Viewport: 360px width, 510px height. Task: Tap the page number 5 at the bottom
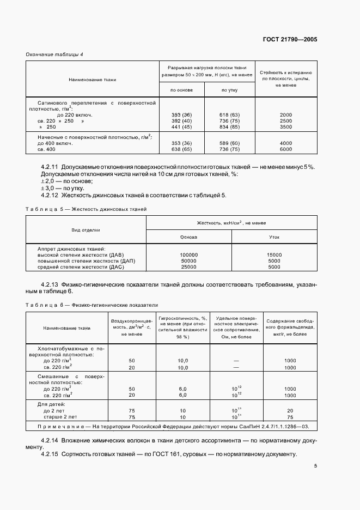tap(315, 466)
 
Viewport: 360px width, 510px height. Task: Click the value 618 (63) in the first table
tap(229, 115)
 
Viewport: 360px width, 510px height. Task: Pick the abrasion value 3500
tap(286, 126)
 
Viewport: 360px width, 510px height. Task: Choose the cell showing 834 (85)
tap(229, 126)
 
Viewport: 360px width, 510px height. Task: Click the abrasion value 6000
tap(286, 149)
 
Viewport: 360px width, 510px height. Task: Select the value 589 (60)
tap(229, 143)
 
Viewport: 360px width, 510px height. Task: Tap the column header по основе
tap(181, 90)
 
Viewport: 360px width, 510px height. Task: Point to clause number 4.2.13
tap(52, 284)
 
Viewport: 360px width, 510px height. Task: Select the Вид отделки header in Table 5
tap(86, 230)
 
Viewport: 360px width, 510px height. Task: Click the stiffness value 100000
tap(188, 255)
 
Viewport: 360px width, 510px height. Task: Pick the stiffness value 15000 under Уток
tap(274, 255)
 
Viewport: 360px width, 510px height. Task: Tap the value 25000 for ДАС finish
tap(188, 267)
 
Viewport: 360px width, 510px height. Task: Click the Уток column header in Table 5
tap(274, 238)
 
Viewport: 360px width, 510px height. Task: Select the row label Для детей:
tap(51, 404)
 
